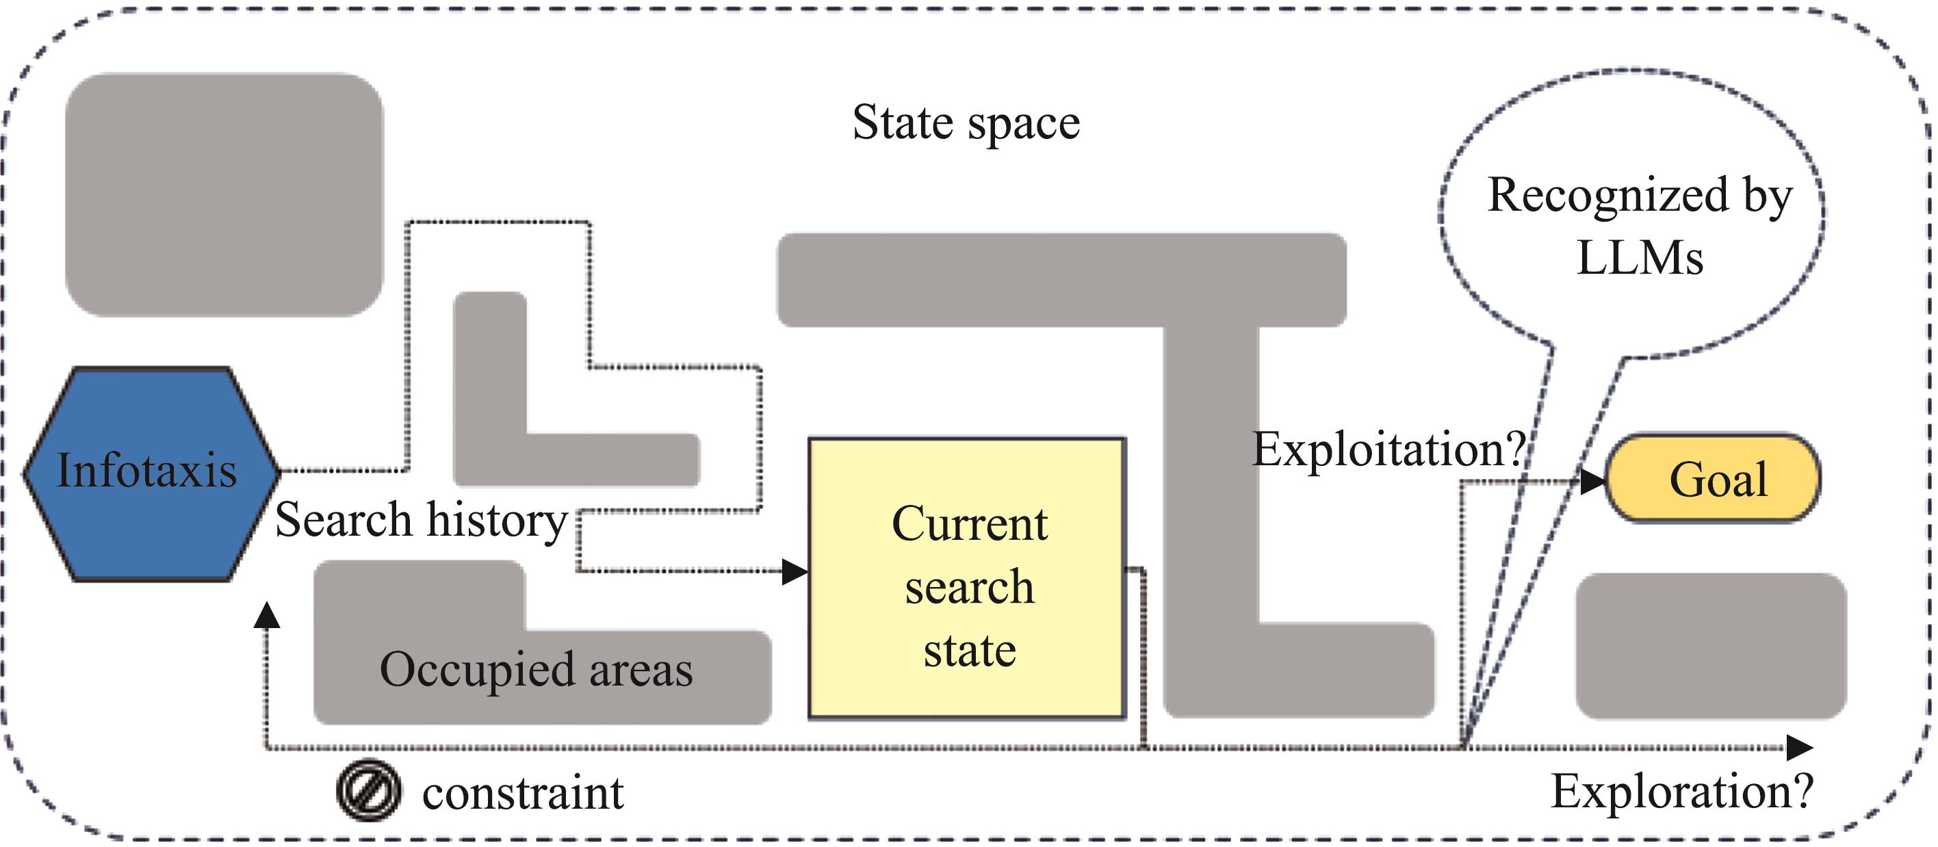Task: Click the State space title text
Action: tap(966, 122)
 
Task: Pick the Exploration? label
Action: tap(1682, 792)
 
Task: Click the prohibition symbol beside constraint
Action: tap(369, 792)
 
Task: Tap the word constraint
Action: tap(523, 793)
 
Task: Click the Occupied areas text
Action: tap(536, 670)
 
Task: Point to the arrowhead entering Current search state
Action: tap(794, 572)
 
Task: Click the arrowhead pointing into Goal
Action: tap(1592, 482)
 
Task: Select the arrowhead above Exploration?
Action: tap(1800, 748)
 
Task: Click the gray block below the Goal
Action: tap(1711, 645)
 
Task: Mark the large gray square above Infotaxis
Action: tap(224, 194)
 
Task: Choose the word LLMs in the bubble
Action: tap(1640, 259)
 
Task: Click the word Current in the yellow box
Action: tap(969, 523)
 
